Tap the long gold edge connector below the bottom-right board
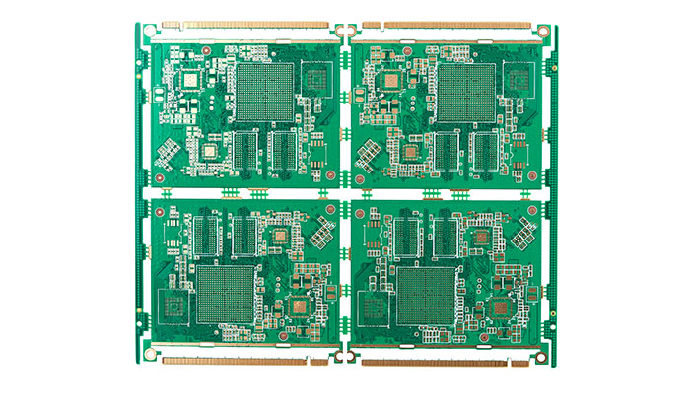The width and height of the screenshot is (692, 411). (434, 362)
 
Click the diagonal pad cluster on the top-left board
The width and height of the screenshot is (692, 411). (168, 153)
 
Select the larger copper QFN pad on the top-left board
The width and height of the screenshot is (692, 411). (209, 150)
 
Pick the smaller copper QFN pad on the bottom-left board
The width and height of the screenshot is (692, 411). (300, 308)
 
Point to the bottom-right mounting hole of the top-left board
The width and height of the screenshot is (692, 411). (329, 175)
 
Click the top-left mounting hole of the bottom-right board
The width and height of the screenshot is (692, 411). (360, 211)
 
